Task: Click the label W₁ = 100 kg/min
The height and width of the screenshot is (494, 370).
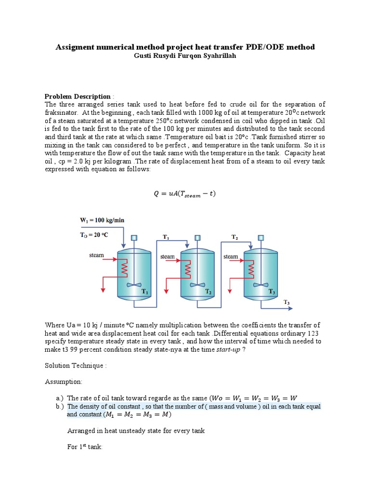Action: pos(102,220)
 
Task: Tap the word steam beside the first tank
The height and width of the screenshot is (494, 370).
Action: pos(96,255)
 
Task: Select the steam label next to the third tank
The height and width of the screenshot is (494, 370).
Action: pos(230,257)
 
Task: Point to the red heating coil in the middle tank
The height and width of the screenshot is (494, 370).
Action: pos(188,271)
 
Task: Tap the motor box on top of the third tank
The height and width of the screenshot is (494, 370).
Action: pos(261,237)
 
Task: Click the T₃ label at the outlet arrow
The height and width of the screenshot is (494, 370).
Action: pos(286,302)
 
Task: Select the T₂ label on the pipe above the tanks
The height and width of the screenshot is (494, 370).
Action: pos(235,237)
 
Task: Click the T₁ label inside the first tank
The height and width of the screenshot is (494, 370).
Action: pos(144,292)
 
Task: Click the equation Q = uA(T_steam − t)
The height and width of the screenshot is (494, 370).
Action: pos(185,194)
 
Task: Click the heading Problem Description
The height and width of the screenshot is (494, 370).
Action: pos(78,96)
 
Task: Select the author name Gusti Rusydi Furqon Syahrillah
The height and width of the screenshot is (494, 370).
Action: pos(185,55)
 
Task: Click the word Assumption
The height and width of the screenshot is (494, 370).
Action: pos(64,382)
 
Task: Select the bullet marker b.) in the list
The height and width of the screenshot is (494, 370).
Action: pos(60,406)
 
